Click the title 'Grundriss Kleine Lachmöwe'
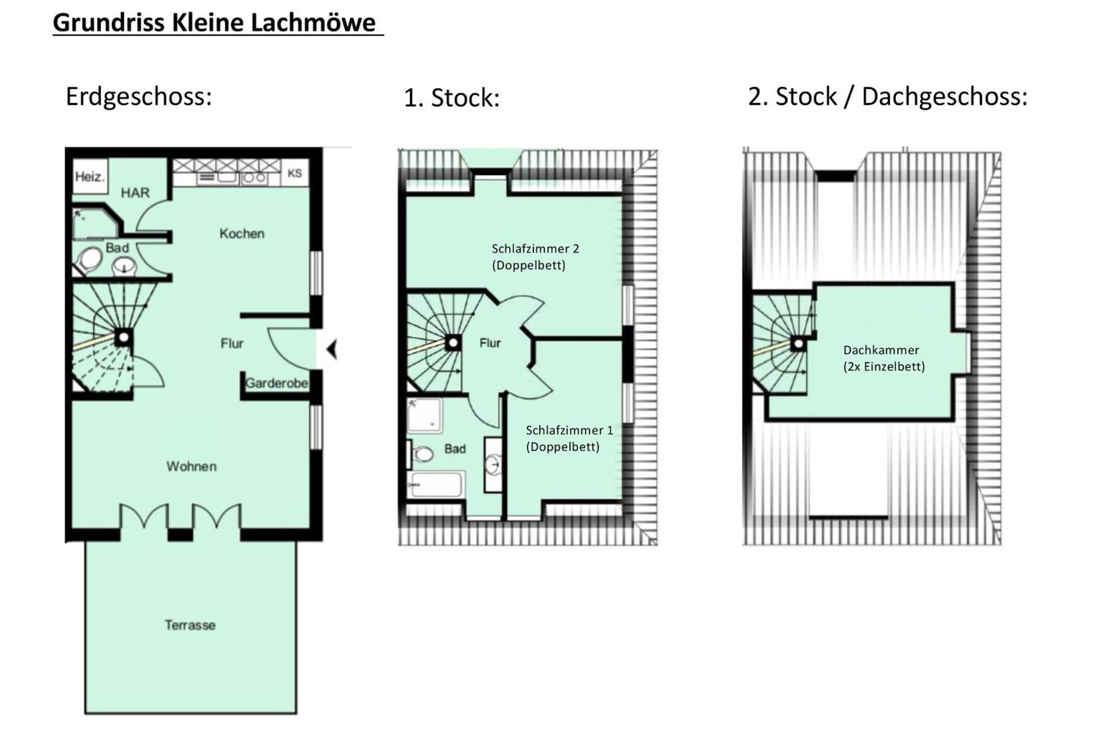tap(214, 22)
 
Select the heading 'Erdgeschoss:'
tap(139, 97)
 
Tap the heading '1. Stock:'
tap(452, 98)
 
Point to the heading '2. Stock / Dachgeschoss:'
tap(888, 97)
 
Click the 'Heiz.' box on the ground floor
tap(90, 177)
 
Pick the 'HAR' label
tap(135, 193)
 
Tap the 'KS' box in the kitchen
tap(295, 173)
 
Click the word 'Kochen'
tap(242, 233)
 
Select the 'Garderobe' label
tap(276, 383)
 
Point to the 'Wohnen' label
tap(191, 466)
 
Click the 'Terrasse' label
tap(190, 625)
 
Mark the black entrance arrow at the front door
tap(332, 349)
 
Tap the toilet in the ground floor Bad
tap(90, 260)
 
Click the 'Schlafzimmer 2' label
tap(535, 249)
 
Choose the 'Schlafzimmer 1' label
tap(569, 430)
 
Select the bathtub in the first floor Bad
tap(435, 485)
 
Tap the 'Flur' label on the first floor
tap(490, 343)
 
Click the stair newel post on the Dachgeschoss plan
tap(798, 344)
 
